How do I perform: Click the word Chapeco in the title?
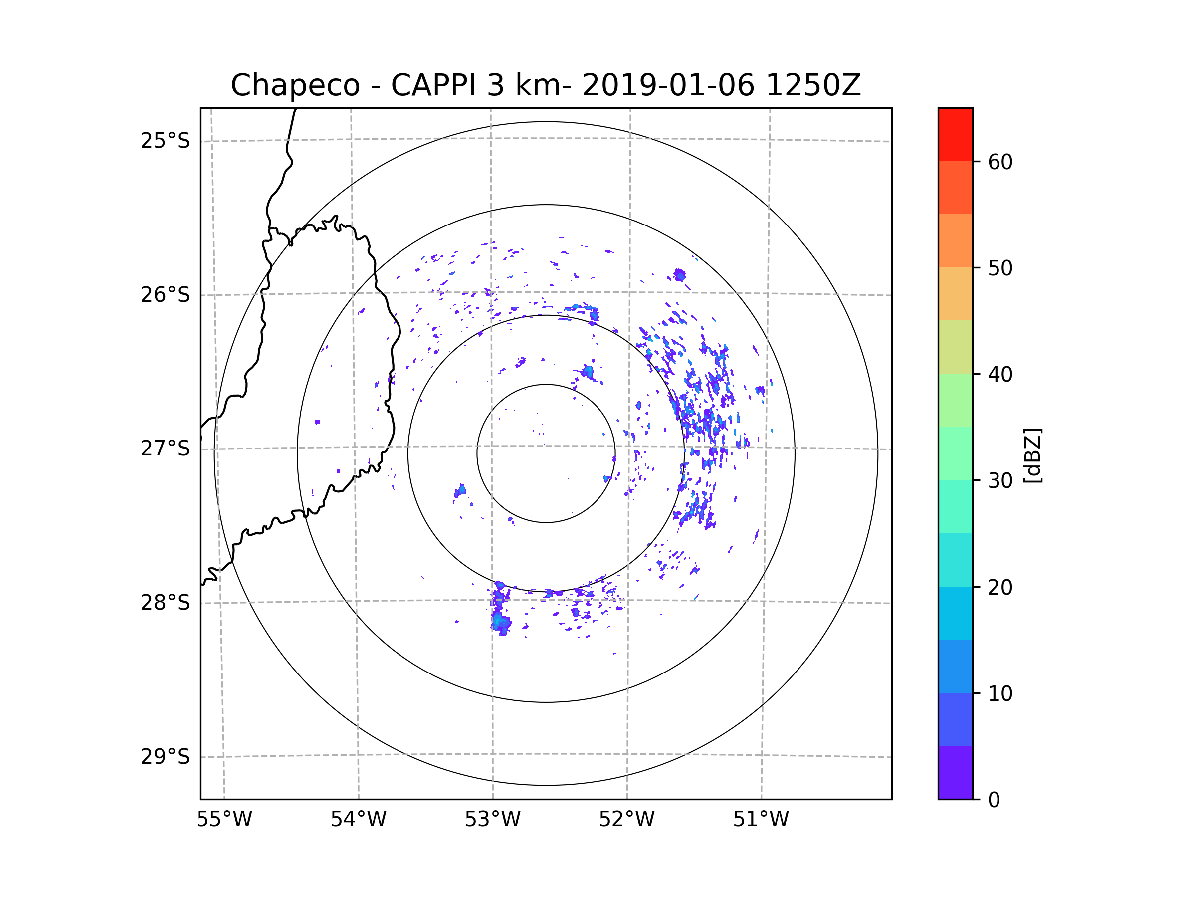coord(295,85)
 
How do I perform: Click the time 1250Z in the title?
coord(813,85)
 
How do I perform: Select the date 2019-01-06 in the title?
coord(668,85)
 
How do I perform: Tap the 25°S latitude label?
coord(165,141)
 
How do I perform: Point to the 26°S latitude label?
coord(165,295)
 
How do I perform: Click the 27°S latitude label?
coord(165,449)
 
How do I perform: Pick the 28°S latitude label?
coord(165,603)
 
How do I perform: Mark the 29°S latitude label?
coord(165,757)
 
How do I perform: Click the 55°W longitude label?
coord(224,820)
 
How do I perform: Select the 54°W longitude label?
coord(358,820)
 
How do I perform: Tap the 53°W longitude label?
coord(492,820)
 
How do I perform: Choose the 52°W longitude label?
coord(626,820)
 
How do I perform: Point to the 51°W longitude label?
coord(761,820)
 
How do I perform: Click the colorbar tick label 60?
coord(1000,162)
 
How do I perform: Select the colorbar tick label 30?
coord(1000,480)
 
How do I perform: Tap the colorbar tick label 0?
coord(994,800)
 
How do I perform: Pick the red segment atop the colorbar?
coord(955,134)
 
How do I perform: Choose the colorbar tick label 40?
coord(1000,375)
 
